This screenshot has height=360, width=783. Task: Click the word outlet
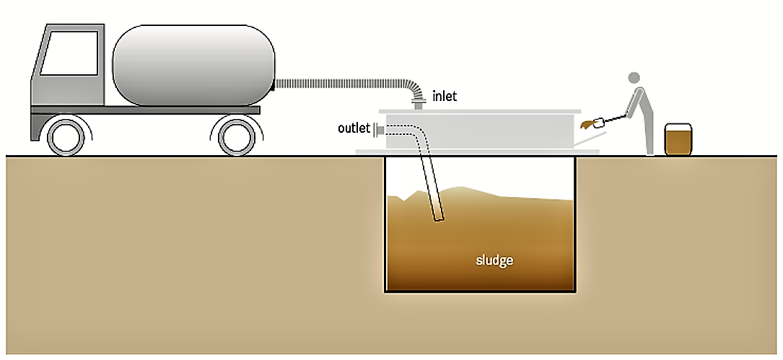[x=354, y=128]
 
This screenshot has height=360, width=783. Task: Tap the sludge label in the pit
[x=494, y=260]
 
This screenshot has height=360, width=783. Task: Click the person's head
[x=634, y=78]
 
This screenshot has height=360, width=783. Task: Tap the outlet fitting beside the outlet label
[x=379, y=128]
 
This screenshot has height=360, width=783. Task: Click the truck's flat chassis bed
[x=144, y=110]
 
